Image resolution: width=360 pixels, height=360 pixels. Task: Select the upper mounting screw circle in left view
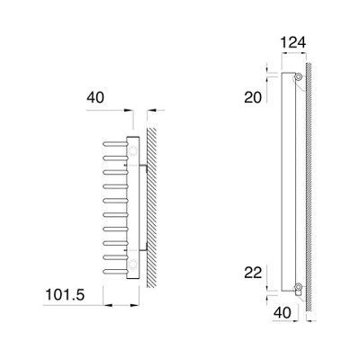click(x=134, y=150)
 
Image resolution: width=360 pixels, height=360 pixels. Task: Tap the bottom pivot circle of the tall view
click(x=296, y=288)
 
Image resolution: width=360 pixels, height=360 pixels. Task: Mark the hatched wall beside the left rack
click(x=153, y=207)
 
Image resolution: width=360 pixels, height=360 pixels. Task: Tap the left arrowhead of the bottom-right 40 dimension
click(x=271, y=304)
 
